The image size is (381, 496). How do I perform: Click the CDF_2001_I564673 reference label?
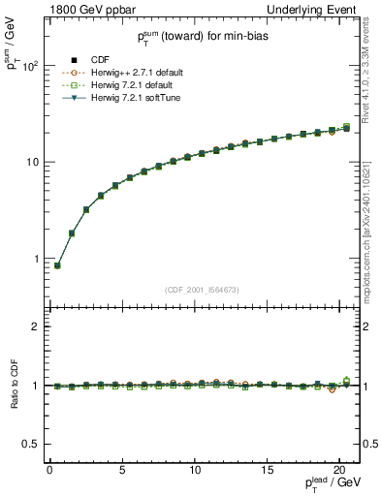tap(201, 290)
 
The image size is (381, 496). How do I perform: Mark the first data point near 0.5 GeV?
tap(57, 265)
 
